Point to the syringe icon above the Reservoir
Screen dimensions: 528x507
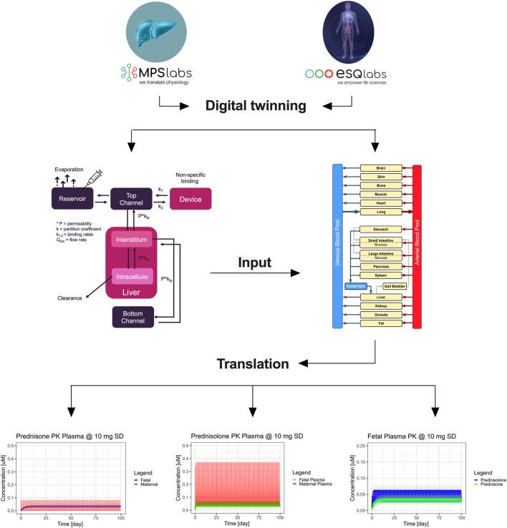pyautogui.click(x=94, y=172)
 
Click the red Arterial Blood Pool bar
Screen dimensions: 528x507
pyautogui.click(x=417, y=246)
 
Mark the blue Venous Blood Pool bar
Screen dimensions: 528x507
pyautogui.click(x=339, y=246)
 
